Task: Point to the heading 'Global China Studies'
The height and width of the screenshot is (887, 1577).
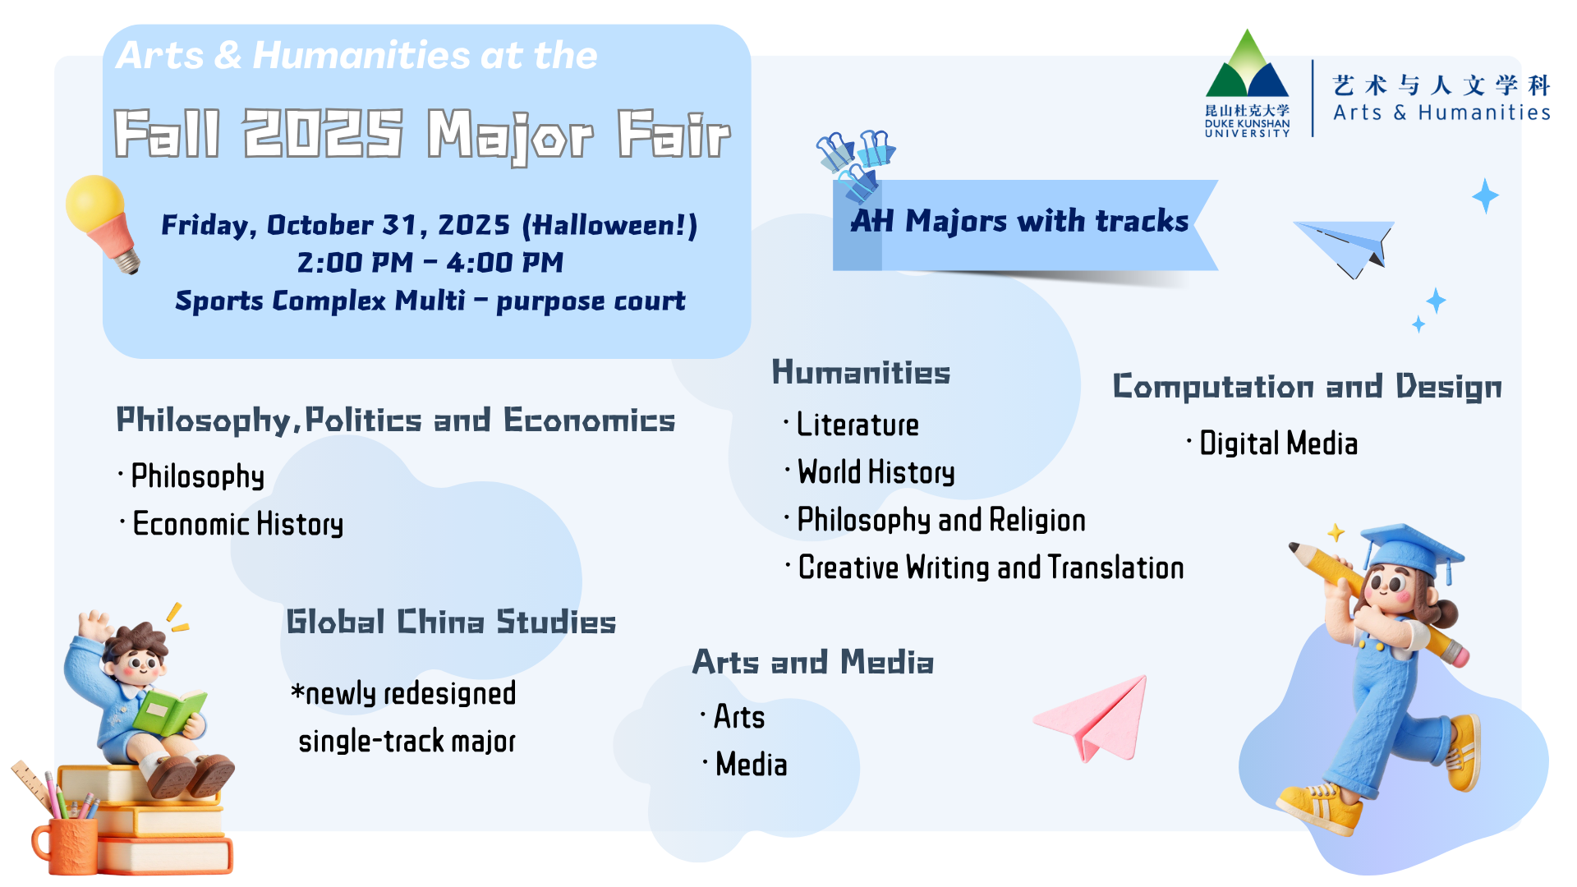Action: (x=451, y=622)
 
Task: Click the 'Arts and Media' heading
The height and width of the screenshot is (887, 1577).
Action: (x=813, y=662)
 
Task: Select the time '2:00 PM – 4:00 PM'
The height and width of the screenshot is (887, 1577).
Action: (x=430, y=263)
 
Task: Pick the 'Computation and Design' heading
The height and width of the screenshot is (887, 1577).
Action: (x=1308, y=386)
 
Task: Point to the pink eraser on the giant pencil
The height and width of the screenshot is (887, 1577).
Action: (x=1455, y=655)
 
